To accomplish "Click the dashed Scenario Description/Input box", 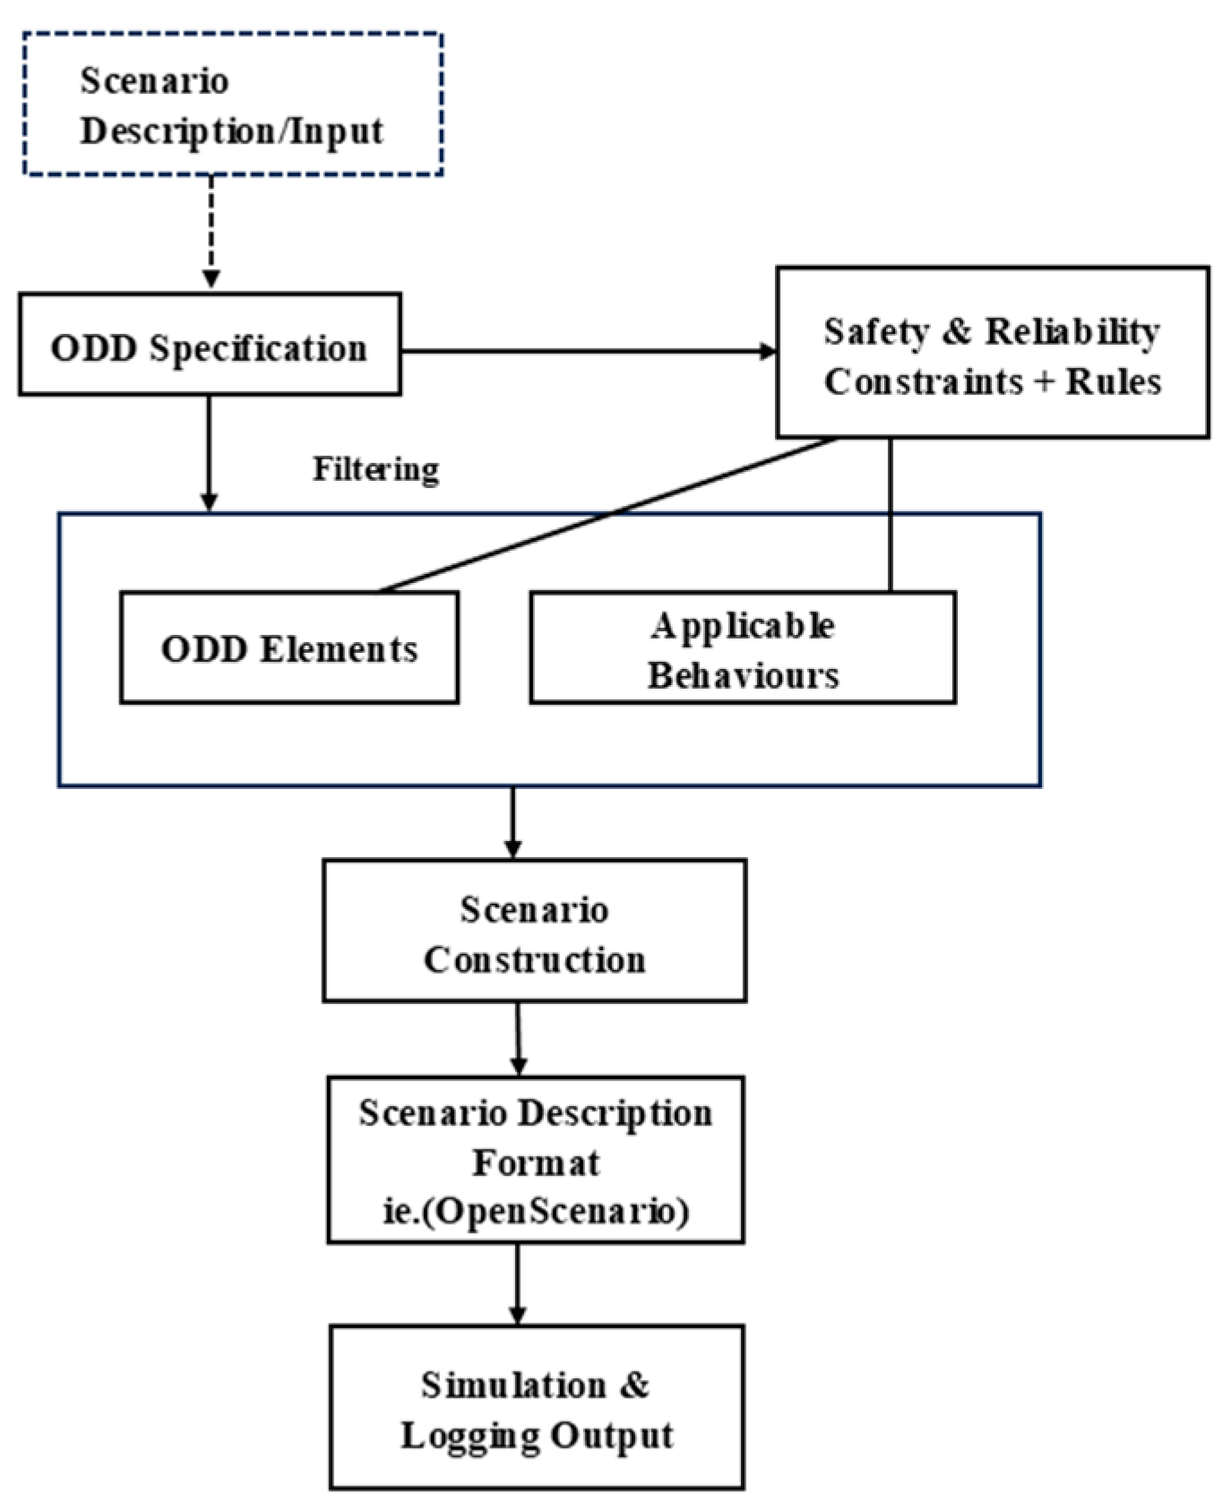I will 232,105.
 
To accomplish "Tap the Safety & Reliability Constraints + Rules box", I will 992,353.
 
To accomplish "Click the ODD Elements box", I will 289,647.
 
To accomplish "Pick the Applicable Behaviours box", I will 743,647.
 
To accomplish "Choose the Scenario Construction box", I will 534,931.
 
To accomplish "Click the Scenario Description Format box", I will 535,1160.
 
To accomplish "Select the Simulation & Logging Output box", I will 536,1408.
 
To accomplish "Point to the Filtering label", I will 375,469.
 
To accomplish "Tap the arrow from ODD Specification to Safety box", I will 587,352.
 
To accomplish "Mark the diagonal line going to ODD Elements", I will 609,516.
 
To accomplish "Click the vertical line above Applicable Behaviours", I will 890,515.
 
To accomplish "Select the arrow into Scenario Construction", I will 512,822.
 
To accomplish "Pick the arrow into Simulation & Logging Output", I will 517,1283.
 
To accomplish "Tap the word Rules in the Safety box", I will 1113,381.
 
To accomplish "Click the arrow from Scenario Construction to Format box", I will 518,1039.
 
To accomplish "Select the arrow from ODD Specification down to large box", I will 209,452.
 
